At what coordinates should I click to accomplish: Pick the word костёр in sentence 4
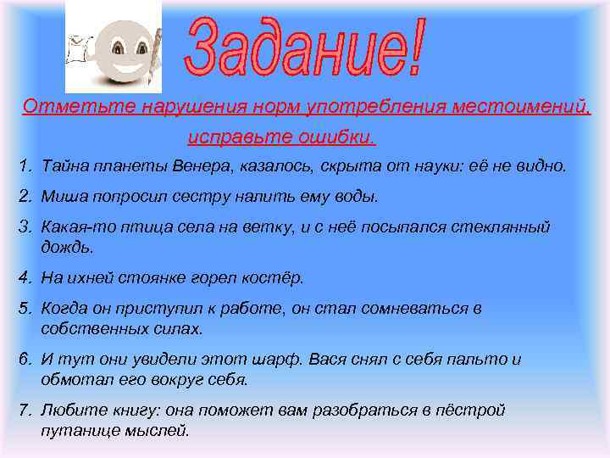[x=279, y=277]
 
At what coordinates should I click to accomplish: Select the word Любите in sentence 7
[x=69, y=411]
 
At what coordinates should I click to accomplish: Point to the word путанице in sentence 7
[x=80, y=430]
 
